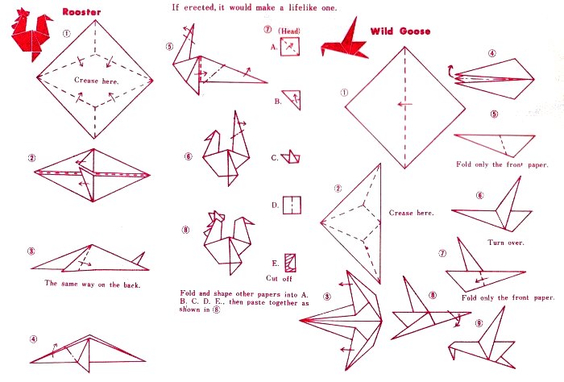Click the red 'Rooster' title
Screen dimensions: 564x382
click(81, 11)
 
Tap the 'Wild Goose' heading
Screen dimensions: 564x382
click(400, 31)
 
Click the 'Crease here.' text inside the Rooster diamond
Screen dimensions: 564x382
click(97, 81)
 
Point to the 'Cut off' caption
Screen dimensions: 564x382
click(279, 278)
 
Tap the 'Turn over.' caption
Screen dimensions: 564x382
click(506, 243)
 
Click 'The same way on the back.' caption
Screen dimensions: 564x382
click(93, 284)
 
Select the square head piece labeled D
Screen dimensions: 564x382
click(292, 206)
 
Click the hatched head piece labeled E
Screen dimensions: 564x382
click(290, 263)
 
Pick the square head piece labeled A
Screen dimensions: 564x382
click(290, 47)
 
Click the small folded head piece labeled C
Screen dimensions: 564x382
click(291, 157)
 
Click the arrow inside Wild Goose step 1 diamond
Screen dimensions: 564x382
click(404, 105)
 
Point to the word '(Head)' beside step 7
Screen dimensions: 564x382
click(289, 31)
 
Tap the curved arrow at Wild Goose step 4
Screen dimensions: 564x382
click(450, 70)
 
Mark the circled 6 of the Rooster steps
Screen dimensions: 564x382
click(188, 156)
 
